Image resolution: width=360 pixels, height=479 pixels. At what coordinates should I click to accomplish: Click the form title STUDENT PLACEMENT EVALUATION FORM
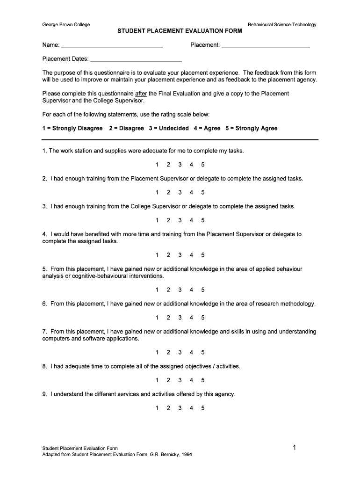(x=180, y=31)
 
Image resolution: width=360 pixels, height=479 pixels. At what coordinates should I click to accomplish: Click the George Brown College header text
(x=66, y=24)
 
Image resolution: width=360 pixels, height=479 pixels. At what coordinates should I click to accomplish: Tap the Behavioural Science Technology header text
(x=282, y=24)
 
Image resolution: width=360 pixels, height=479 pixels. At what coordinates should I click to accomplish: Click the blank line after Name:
(x=112, y=46)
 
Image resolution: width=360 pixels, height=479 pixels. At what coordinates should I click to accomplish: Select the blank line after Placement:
(x=266, y=46)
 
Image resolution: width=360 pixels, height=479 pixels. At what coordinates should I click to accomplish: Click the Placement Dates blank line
(x=136, y=59)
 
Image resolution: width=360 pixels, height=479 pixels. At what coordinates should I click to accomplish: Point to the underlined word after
(x=141, y=94)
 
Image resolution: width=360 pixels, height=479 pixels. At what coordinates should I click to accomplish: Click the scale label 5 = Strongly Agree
(x=251, y=128)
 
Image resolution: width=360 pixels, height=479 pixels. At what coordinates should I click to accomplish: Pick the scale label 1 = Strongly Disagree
(x=72, y=128)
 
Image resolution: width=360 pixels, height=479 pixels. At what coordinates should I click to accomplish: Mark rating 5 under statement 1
(x=203, y=165)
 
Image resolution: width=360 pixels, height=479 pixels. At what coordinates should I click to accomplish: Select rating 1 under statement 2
(x=157, y=192)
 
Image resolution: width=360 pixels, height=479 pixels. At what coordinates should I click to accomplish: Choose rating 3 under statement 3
(x=180, y=220)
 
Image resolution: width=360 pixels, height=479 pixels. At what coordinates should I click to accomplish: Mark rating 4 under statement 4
(x=191, y=255)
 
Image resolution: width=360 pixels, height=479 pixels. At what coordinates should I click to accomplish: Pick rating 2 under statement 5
(x=168, y=290)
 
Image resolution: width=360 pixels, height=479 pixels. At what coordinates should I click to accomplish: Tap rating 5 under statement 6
(x=203, y=318)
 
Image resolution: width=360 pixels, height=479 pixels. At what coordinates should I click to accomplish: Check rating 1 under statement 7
(x=157, y=352)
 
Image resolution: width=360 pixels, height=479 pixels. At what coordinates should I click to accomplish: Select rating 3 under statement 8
(x=180, y=380)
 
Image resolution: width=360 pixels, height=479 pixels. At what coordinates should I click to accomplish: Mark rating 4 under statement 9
(x=191, y=408)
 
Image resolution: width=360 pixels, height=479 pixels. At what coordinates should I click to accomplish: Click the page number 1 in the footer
(x=295, y=448)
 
